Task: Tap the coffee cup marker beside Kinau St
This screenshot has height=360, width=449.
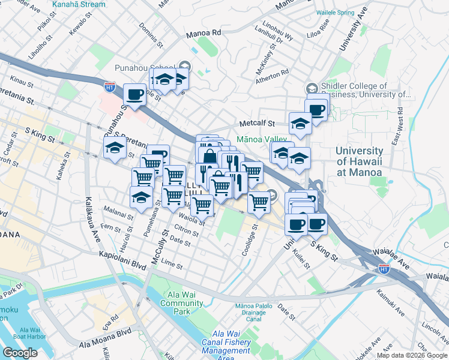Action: click(134, 94)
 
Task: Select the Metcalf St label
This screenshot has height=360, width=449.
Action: click(257, 124)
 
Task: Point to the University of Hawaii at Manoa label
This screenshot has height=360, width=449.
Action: click(359, 161)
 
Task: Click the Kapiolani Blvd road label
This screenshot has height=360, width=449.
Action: click(123, 256)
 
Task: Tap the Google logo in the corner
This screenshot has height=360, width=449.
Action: click(20, 352)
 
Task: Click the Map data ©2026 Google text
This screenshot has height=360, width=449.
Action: click(412, 355)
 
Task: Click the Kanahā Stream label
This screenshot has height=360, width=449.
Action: click(79, 4)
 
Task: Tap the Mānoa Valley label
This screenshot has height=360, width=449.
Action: click(263, 139)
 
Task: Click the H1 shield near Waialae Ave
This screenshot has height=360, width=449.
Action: click(384, 270)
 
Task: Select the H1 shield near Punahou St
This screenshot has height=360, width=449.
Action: click(109, 87)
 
